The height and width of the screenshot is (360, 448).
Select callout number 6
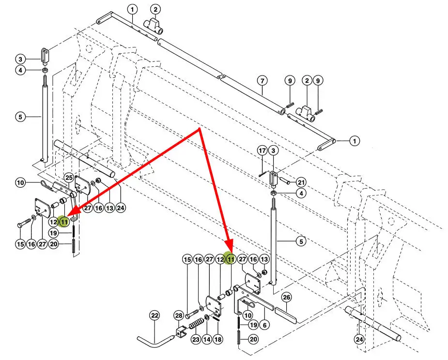tap(265, 325)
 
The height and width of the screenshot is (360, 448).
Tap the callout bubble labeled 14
tap(207, 339)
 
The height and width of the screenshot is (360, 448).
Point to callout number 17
tap(262, 151)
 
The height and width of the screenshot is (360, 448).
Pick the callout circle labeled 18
tap(218, 339)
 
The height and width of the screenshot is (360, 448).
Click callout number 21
tap(301, 182)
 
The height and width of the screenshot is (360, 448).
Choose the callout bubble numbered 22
tap(154, 316)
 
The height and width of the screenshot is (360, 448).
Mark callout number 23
tap(195, 339)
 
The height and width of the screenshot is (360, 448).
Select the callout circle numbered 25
tap(69, 178)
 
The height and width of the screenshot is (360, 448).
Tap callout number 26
tap(286, 297)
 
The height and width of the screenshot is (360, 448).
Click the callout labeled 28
tap(178, 316)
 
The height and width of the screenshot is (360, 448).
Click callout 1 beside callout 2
tap(133, 9)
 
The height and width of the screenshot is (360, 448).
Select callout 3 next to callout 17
tap(273, 151)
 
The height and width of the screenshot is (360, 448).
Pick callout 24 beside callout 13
tap(121, 208)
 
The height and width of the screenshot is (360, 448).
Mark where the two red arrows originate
tap(200, 129)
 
